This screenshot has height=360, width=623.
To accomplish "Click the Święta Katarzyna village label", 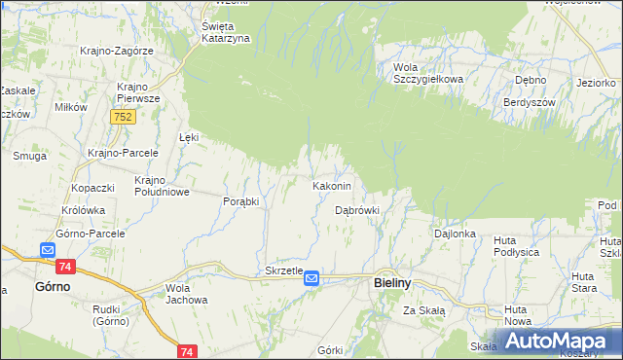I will click(226, 32).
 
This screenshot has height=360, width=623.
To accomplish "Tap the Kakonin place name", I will click(338, 185).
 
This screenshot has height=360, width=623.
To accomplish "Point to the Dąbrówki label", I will click(356, 209).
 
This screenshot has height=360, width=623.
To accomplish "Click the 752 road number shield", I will click(122, 117).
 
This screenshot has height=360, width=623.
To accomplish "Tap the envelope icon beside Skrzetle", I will click(311, 278).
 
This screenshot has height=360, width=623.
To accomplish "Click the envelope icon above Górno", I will click(47, 250).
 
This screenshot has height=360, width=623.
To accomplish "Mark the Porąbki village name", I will click(240, 201).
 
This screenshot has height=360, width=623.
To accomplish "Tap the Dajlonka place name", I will click(455, 234).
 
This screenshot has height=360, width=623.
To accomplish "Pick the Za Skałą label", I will click(424, 310).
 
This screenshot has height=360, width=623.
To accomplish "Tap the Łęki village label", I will click(189, 137).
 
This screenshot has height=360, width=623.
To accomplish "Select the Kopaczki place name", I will click(92, 187).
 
